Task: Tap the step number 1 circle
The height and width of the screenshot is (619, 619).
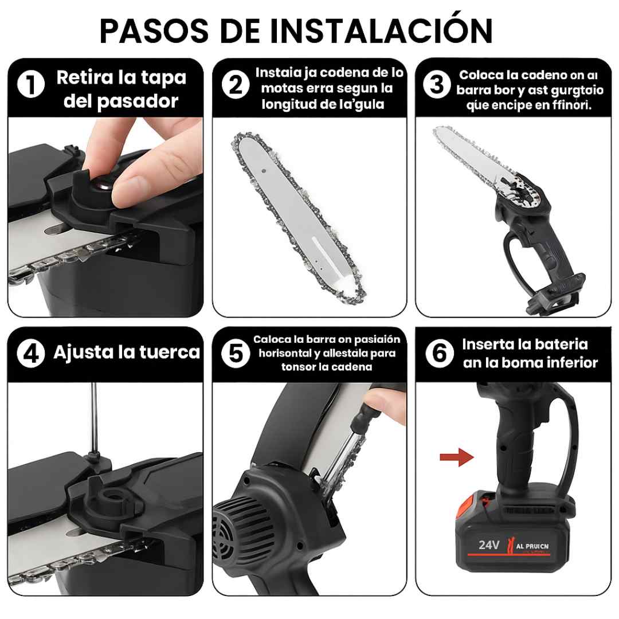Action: click(31, 86)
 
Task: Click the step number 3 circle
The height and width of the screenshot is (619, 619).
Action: click(437, 85)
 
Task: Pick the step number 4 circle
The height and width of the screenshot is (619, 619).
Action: click(31, 353)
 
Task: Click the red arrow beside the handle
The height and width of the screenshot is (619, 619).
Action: click(456, 457)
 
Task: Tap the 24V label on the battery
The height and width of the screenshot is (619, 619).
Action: click(488, 544)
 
